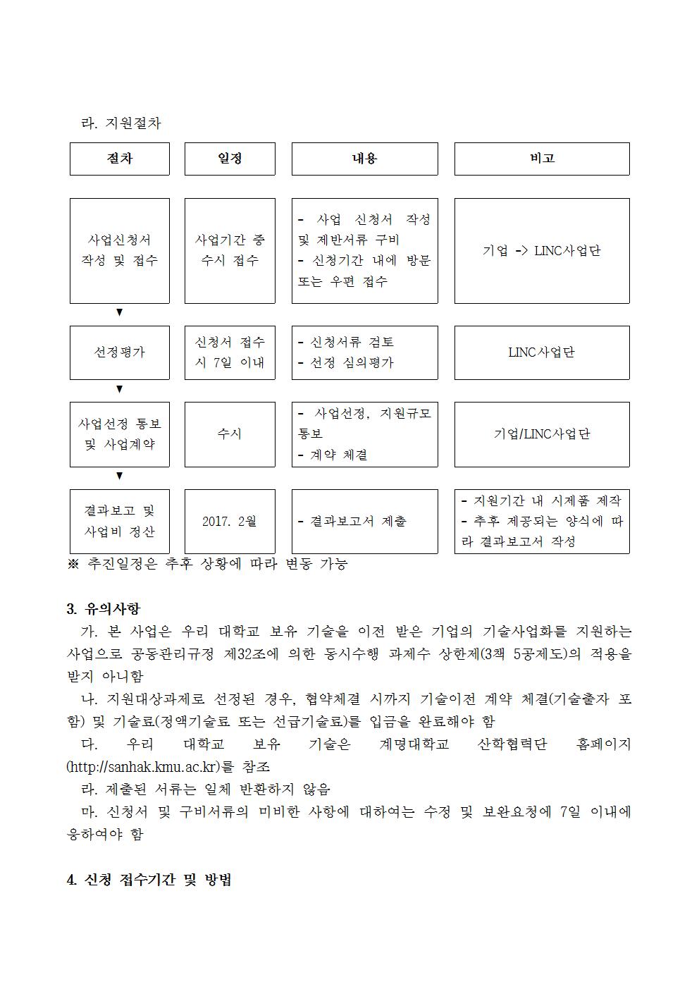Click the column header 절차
click(x=119, y=159)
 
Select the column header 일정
click(x=230, y=159)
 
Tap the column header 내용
click(x=364, y=159)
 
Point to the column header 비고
click(x=541, y=159)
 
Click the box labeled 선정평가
click(x=119, y=352)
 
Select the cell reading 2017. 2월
click(x=230, y=521)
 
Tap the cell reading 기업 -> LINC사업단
click(x=541, y=251)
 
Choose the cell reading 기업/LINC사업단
click(x=541, y=434)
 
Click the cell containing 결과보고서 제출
click(x=364, y=521)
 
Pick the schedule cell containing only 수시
click(x=230, y=434)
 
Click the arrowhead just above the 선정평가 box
click(x=119, y=312)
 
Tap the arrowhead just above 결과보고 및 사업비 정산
click(x=119, y=476)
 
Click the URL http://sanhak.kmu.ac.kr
click(x=141, y=766)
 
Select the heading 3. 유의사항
click(x=103, y=608)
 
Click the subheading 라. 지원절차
click(x=121, y=123)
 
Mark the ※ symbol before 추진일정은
click(x=73, y=564)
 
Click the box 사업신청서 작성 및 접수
click(x=119, y=251)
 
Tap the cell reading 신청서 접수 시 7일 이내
click(x=230, y=352)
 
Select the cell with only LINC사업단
click(x=541, y=352)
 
